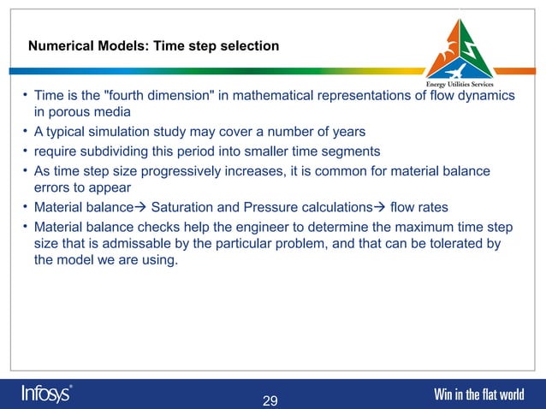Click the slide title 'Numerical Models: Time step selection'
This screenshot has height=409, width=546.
153,45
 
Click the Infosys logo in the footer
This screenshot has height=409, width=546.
47,394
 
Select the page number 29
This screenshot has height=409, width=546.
270,401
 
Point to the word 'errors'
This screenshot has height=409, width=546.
54,187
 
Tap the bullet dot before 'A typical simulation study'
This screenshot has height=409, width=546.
26,132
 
